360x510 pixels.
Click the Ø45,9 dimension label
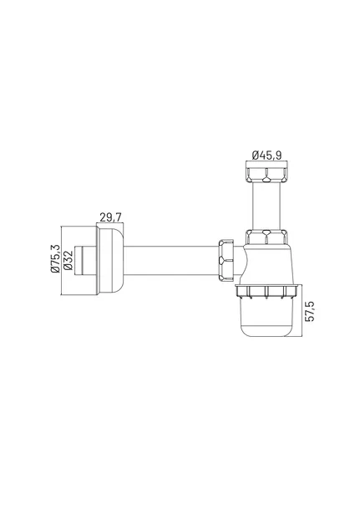(x=266, y=156)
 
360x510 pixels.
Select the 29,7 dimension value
(x=110, y=217)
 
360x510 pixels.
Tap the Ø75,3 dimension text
(x=56, y=258)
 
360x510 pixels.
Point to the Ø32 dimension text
(x=68, y=260)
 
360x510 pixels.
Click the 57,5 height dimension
(x=310, y=311)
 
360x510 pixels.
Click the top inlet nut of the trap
(x=266, y=175)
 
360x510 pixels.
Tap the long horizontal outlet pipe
(x=170, y=261)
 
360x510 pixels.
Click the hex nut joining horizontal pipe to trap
(x=226, y=260)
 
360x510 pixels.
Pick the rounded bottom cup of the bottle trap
(x=266, y=318)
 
